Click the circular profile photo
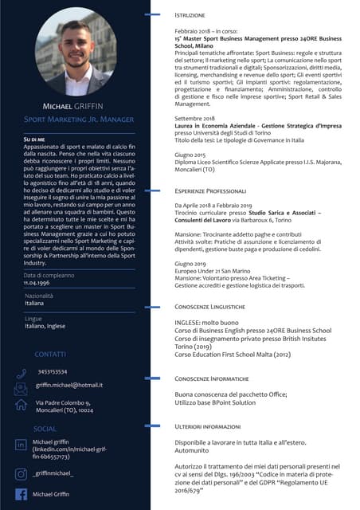pyautogui.click(x=76, y=53)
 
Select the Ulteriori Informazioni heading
pyautogui.click(x=209, y=427)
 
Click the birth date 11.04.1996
pyautogui.click(x=38, y=283)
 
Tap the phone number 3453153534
pyautogui.click(x=53, y=371)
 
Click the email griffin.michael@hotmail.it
pyautogui.click(x=68, y=385)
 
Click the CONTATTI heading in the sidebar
pyautogui.click(x=50, y=353)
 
